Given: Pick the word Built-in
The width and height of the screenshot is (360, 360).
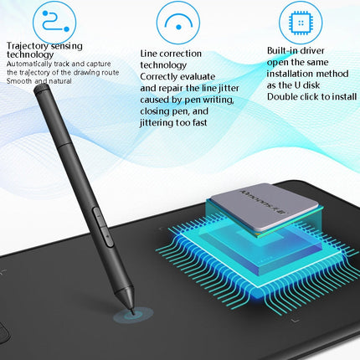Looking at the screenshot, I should click(x=286, y=52).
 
